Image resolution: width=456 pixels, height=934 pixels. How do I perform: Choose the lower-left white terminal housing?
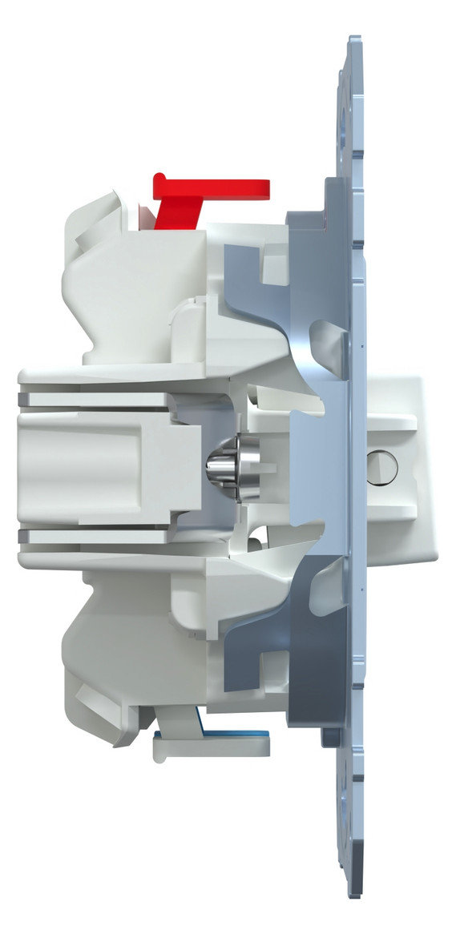[120, 641]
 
